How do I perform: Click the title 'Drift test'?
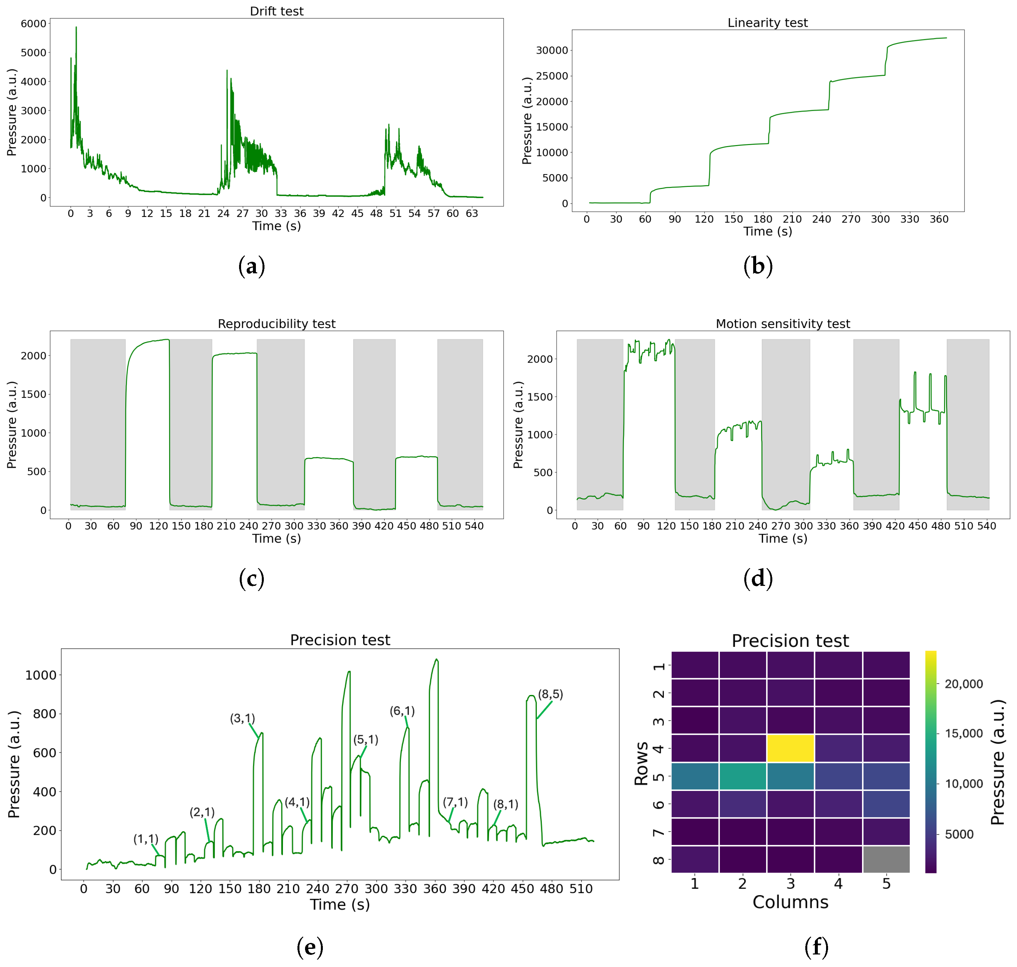point(276,11)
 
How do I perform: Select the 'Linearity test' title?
point(767,23)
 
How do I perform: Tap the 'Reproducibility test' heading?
point(276,324)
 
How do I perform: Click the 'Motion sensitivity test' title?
point(783,324)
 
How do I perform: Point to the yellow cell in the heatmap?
point(790,748)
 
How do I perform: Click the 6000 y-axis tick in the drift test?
point(34,24)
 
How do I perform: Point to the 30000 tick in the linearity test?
point(552,50)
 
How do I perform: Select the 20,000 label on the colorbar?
point(963,684)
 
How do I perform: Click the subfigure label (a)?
point(252,266)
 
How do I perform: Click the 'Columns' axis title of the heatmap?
point(790,902)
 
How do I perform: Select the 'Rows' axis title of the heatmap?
point(641,763)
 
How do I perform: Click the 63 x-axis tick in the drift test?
point(472,213)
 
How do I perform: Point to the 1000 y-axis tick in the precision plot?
point(41,675)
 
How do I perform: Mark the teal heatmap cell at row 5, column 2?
point(742,776)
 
